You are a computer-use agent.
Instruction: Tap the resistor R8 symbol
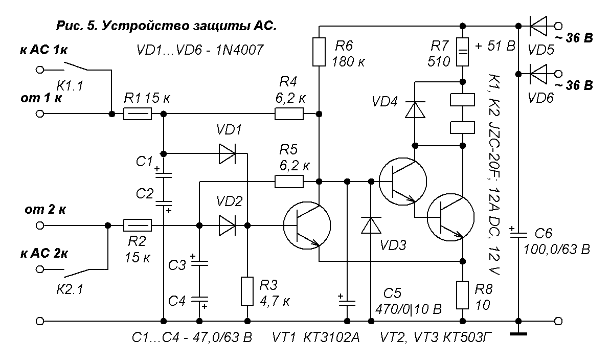pos(462,295)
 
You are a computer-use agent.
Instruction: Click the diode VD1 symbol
pos(227,153)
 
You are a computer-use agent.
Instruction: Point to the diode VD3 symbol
pos(369,226)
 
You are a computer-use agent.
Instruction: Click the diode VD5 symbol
pos(538,25)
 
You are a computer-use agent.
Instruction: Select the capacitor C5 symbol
pos(347,301)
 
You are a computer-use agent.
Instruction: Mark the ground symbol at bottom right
pos(518,335)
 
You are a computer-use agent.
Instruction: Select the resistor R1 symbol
pos(138,115)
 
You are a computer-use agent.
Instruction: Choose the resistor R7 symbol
pos(462,53)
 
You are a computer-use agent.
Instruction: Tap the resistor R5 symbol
pos(289,182)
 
